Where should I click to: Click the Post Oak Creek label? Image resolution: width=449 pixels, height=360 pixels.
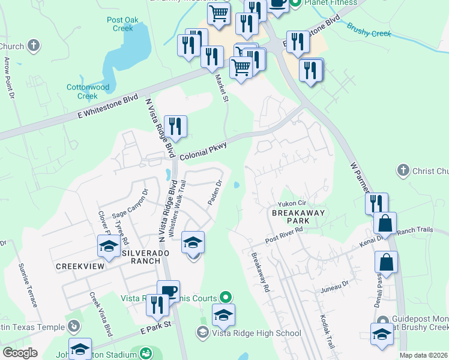tap(123, 24)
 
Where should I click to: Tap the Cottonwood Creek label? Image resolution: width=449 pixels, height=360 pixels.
tap(88, 91)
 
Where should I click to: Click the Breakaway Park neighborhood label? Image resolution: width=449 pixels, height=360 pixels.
tap(298, 217)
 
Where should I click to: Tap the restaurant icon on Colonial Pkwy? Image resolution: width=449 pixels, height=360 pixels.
tap(175, 127)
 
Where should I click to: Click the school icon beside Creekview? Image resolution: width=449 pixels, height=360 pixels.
tap(109, 246)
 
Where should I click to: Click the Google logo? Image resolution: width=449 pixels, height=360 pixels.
tap(20, 353)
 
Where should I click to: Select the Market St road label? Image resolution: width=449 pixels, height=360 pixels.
tap(222, 90)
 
